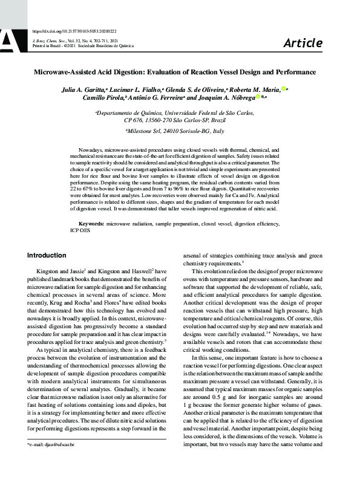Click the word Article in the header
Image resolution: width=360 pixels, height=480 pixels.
coord(303,42)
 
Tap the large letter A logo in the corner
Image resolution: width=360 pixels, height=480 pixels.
coord(10,37)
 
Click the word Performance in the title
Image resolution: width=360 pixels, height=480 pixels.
coord(295,73)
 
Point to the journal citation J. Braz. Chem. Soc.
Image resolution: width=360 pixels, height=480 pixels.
coord(49,39)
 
